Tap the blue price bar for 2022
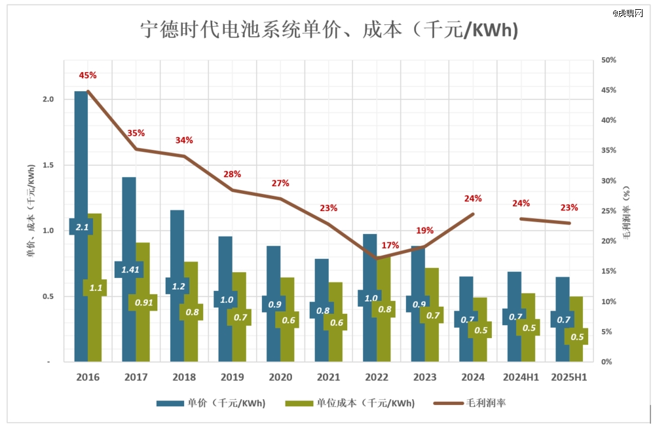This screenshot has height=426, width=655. [369, 262]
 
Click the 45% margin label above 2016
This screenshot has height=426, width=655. [88, 75]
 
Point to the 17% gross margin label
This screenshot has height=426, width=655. [390, 245]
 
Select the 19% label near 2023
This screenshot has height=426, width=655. [424, 231]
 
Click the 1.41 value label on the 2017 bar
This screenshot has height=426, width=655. [128, 269]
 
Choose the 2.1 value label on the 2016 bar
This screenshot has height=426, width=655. [83, 227]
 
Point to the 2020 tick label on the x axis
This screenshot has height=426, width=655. [280, 378]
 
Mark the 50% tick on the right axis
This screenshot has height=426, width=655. [610, 60]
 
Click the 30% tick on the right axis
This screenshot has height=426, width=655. [610, 181]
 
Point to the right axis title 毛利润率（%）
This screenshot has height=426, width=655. [626, 210]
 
